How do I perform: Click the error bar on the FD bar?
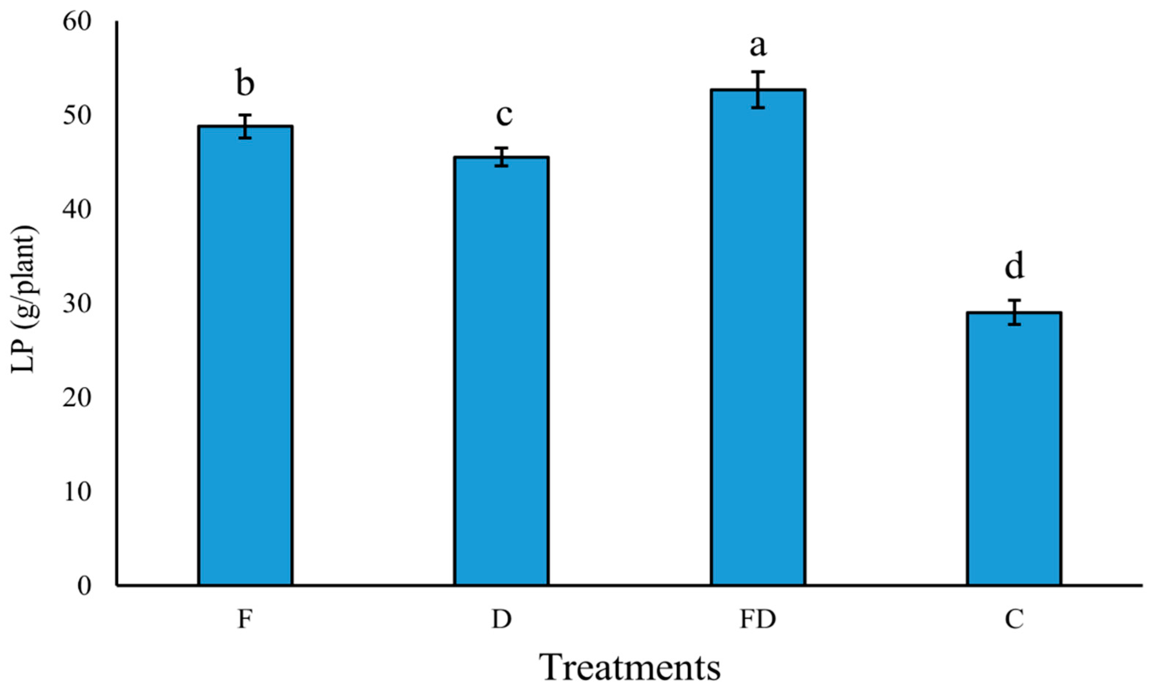pos(758,90)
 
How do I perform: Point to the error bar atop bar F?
pos(245,126)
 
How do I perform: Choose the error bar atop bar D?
pos(502,157)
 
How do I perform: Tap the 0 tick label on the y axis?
pos(84,586)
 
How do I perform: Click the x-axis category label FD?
pos(758,620)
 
